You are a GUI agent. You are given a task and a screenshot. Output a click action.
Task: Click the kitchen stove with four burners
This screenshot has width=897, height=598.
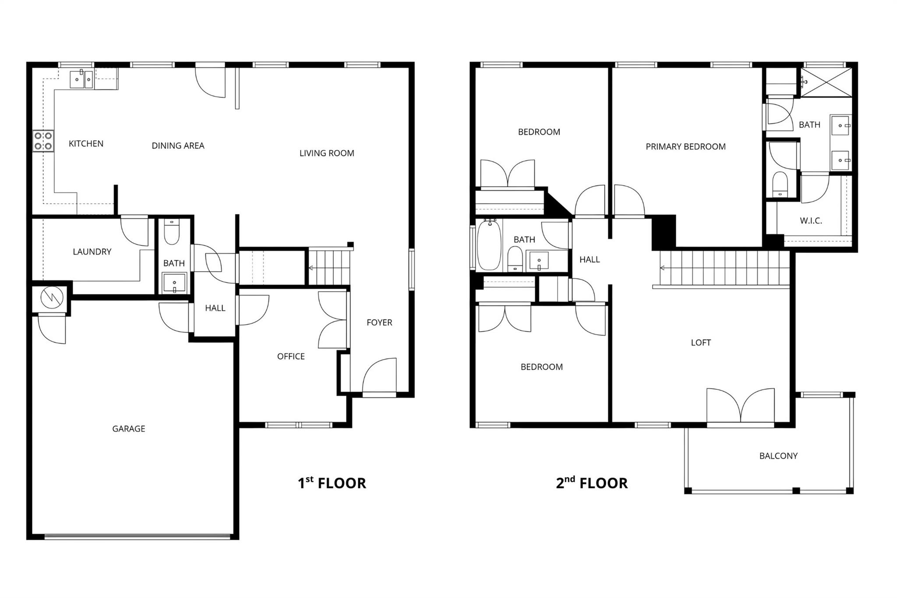click(43, 141)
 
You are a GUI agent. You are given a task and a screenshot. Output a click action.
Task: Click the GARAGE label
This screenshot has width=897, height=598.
click(128, 429)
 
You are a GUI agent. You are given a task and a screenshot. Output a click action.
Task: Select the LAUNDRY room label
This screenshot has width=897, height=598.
click(92, 251)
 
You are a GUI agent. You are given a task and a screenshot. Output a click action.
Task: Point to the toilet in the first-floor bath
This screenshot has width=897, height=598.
click(172, 233)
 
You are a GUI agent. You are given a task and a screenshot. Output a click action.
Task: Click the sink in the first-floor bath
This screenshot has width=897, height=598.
click(174, 283)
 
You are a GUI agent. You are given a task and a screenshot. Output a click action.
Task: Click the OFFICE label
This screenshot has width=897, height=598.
click(291, 357)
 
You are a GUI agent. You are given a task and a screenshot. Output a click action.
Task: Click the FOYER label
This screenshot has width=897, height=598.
click(379, 322)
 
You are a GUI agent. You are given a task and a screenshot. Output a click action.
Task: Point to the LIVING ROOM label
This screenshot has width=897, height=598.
click(327, 153)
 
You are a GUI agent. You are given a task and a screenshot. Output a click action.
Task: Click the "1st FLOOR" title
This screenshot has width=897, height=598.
click(332, 483)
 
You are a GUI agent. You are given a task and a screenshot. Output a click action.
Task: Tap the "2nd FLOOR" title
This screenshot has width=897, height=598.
click(592, 483)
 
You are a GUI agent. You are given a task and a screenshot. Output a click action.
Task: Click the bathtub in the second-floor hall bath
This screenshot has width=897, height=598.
click(488, 246)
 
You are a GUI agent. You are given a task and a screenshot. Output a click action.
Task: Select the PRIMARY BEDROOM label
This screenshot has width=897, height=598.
click(685, 147)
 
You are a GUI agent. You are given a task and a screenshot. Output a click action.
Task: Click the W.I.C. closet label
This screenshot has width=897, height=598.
click(811, 221)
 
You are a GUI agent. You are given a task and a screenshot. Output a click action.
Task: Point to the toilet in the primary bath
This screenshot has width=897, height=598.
click(780, 184)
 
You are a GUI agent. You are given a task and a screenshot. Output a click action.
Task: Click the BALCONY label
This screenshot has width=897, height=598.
click(778, 456)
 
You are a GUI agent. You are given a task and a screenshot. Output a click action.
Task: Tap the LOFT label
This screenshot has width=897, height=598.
click(701, 343)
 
